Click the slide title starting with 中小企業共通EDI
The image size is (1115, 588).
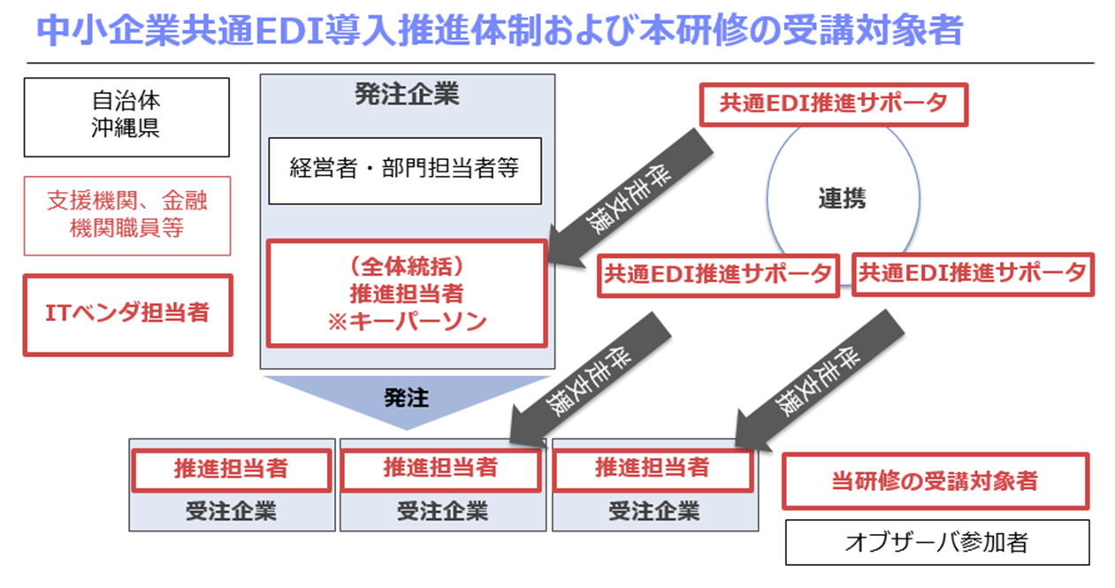500,31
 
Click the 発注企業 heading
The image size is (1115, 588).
407,94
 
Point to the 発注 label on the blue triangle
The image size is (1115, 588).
406,398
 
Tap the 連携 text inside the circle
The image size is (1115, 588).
843,198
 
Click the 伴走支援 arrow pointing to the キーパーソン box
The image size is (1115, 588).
630,198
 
